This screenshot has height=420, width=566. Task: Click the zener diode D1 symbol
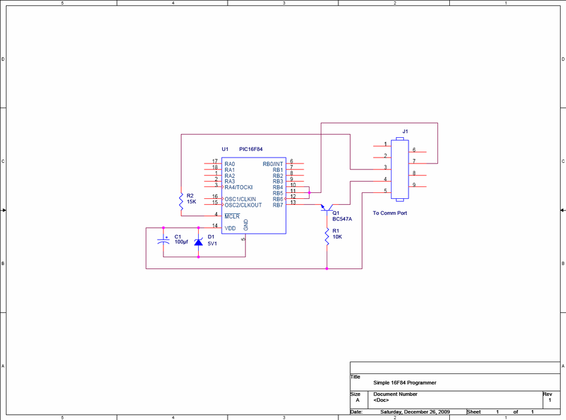198,242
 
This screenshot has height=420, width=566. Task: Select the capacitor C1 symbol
163,241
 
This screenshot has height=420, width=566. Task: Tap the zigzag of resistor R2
181,201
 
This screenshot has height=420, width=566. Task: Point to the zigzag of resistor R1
327,236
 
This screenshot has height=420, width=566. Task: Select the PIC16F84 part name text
251,149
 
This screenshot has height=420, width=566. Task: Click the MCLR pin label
232,217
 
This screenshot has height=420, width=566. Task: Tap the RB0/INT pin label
273,164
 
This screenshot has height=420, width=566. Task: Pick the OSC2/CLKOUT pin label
243,205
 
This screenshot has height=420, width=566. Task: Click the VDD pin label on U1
230,228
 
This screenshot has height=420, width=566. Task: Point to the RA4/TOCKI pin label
239,188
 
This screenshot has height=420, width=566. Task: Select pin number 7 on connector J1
414,161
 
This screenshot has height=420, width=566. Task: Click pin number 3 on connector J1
385,167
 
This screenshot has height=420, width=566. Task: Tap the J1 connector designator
405,131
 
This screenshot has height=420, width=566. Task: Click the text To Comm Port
390,213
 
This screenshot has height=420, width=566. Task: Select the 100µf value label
181,241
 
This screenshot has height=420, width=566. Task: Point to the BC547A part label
342,219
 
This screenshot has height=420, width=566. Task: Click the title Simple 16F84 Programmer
405,383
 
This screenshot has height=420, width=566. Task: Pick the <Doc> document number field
381,400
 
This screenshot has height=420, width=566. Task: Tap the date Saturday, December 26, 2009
415,411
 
